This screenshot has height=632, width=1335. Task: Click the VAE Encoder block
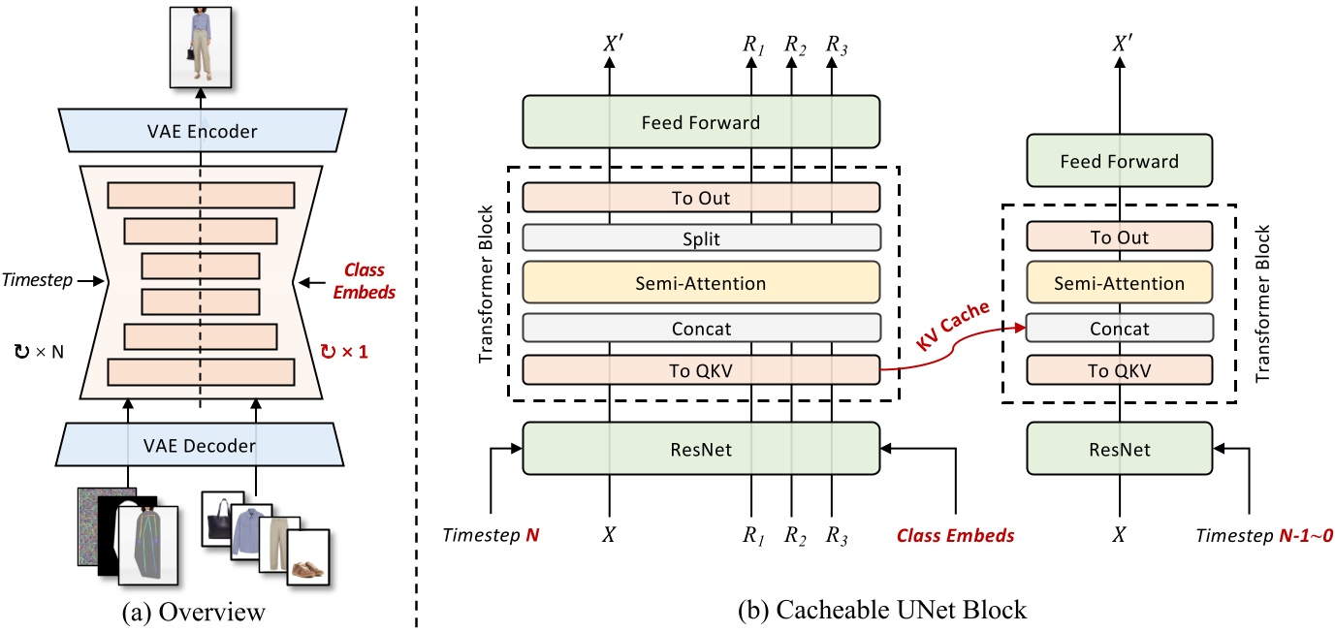pyautogui.click(x=201, y=131)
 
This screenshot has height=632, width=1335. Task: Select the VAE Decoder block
pyautogui.click(x=201, y=446)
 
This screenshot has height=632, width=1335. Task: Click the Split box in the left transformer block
pyautogui.click(x=701, y=237)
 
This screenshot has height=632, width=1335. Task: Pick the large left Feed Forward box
pyautogui.click(x=701, y=123)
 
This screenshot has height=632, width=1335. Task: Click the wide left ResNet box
pyautogui.click(x=701, y=448)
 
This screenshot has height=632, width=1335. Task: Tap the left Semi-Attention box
pyautogui.click(x=701, y=283)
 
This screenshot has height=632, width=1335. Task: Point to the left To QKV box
pyautogui.click(x=701, y=369)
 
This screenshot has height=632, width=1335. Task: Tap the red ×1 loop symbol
pyautogui.click(x=344, y=350)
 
